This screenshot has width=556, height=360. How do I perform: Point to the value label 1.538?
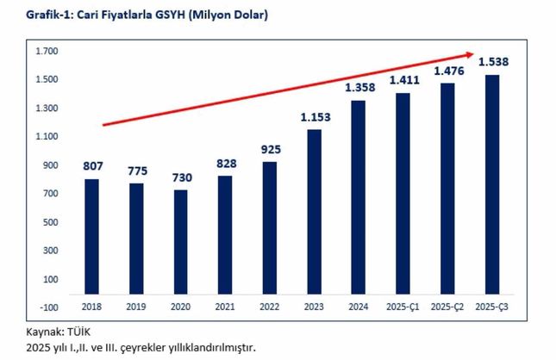click(492, 60)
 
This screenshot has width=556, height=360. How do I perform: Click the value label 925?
click(270, 150)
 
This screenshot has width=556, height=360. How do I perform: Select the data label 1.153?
click(314, 117)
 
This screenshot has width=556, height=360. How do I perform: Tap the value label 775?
click(136, 171)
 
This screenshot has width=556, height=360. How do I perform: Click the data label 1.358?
click(359, 88)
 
